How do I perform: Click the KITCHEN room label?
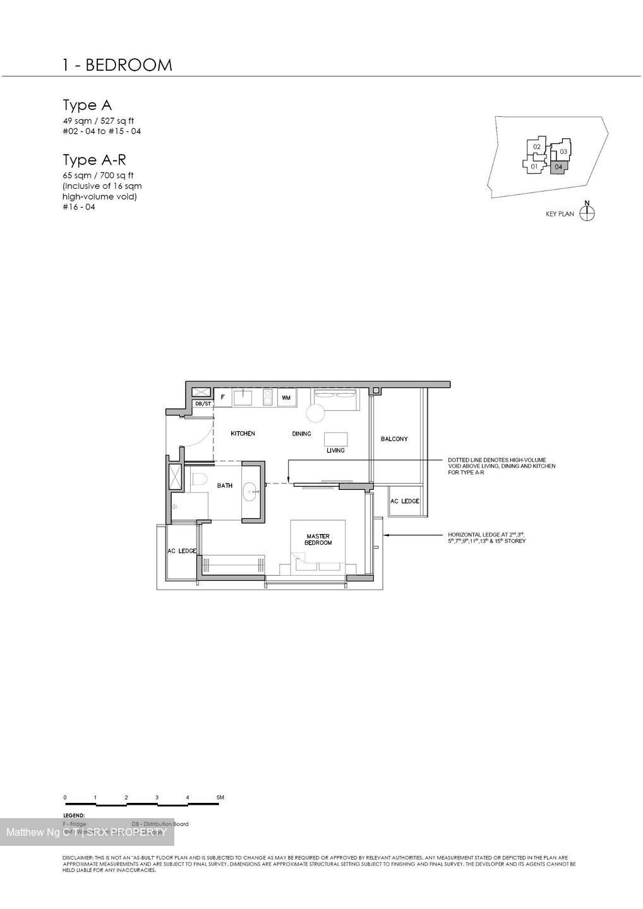(x=243, y=434)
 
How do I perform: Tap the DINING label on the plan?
(x=301, y=434)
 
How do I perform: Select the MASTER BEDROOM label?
(x=318, y=539)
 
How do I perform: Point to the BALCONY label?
(x=394, y=439)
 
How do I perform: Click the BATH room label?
(x=225, y=485)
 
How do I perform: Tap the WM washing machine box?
(x=286, y=398)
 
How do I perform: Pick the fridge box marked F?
(x=222, y=398)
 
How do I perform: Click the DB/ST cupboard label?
(x=203, y=403)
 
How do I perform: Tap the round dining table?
(x=315, y=413)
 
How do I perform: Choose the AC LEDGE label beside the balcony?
(x=404, y=501)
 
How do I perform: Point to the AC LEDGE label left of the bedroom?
(x=182, y=551)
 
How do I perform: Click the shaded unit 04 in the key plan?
(x=558, y=167)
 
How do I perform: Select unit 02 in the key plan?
(x=537, y=147)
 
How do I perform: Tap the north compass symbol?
(x=587, y=213)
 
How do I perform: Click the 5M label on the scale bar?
(x=220, y=798)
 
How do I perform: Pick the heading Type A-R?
(x=94, y=160)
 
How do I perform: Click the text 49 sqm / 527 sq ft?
(x=98, y=121)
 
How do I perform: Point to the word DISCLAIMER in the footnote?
(x=78, y=857)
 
